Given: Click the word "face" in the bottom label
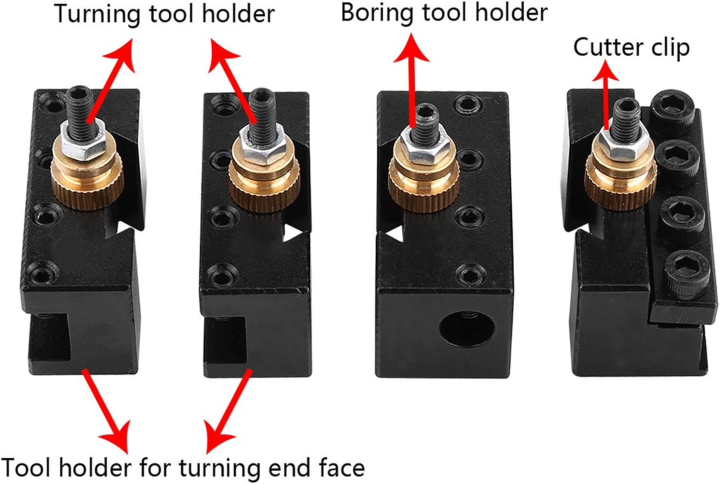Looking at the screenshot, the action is pyautogui.click(x=341, y=467).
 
